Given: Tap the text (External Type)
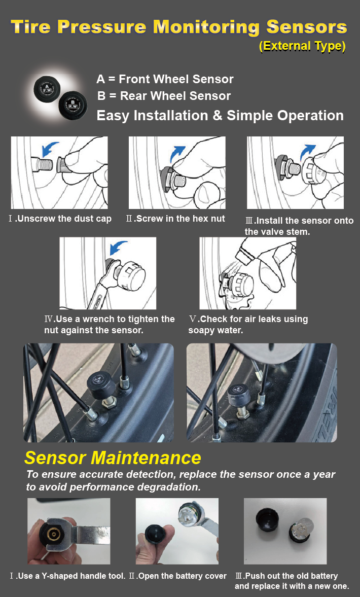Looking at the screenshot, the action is click(302, 46).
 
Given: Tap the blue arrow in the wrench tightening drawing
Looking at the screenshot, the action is click(119, 248).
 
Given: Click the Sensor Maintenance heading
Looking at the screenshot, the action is click(113, 458).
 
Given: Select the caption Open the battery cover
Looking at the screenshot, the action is click(182, 576).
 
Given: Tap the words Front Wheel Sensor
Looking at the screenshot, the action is click(176, 79).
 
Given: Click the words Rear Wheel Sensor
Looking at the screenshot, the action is click(175, 96).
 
